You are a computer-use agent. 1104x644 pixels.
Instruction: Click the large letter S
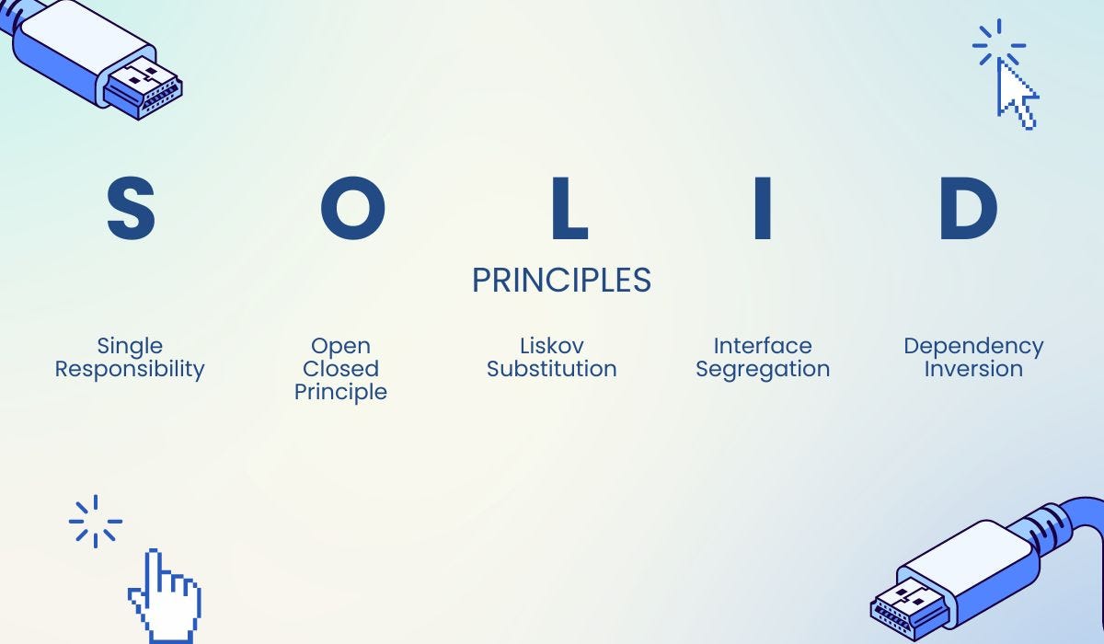[x=131, y=210]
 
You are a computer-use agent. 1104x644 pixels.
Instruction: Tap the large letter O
[x=352, y=210]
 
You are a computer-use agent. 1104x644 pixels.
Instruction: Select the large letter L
[x=569, y=210]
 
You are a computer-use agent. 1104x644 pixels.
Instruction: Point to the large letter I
[x=762, y=210]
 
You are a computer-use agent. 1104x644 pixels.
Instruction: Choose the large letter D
[x=969, y=210]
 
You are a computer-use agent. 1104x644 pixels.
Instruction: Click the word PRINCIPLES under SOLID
[x=561, y=281]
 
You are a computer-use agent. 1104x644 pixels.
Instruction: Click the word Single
[x=130, y=346]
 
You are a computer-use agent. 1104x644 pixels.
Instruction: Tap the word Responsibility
[x=130, y=369]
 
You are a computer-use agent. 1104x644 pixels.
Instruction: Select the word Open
[x=340, y=346]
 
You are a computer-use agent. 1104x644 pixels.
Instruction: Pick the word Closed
[x=340, y=369]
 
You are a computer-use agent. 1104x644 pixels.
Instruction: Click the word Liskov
[x=551, y=346]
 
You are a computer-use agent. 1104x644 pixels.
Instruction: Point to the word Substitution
[x=551, y=369]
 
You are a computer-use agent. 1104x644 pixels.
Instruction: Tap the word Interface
[x=763, y=346]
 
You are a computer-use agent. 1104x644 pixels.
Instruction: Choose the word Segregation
[x=763, y=369]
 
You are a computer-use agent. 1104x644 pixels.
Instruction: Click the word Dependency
[x=973, y=346]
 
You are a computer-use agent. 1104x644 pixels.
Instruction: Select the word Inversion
[x=973, y=369]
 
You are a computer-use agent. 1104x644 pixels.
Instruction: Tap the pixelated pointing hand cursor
[x=166, y=598]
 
